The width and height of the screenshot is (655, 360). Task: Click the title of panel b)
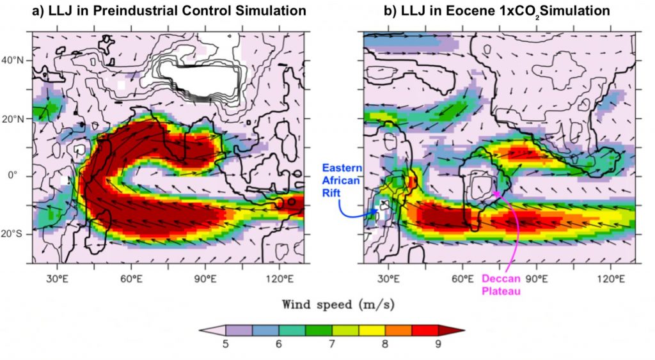[x=496, y=11]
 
